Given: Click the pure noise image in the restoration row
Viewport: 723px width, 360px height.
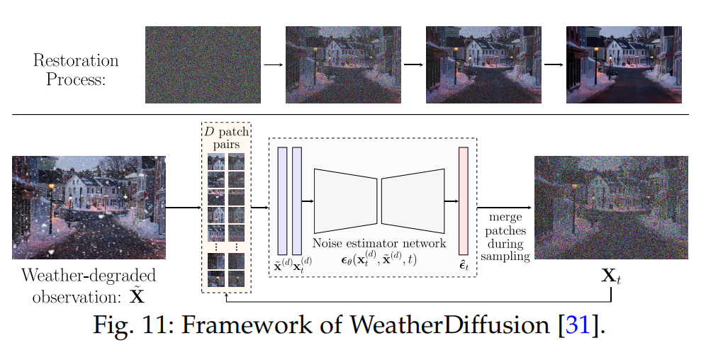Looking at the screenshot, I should tap(203, 64).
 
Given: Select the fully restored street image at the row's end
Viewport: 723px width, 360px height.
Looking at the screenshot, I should tap(623, 64).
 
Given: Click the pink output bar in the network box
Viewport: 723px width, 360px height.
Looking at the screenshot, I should tap(464, 201).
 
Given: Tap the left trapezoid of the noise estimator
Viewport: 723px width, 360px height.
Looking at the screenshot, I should tap(345, 201).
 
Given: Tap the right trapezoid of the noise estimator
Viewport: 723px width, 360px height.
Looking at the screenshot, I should tap(413, 201).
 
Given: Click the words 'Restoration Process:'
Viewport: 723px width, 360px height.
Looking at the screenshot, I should tap(75, 69).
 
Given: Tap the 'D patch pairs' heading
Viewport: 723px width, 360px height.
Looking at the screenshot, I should tap(226, 138).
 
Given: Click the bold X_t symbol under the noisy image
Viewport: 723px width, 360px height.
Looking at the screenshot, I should tap(611, 276).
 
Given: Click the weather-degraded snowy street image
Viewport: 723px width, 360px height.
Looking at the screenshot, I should tap(89, 207).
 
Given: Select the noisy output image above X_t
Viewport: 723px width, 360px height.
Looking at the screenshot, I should tap(610, 207).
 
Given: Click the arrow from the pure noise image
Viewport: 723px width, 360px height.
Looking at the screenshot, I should tap(273, 64).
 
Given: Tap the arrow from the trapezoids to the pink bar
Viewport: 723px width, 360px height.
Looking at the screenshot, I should tap(450, 201).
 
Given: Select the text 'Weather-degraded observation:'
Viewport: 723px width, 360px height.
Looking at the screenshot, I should tap(89, 284).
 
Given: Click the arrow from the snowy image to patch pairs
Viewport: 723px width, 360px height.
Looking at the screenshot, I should tap(183, 207).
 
